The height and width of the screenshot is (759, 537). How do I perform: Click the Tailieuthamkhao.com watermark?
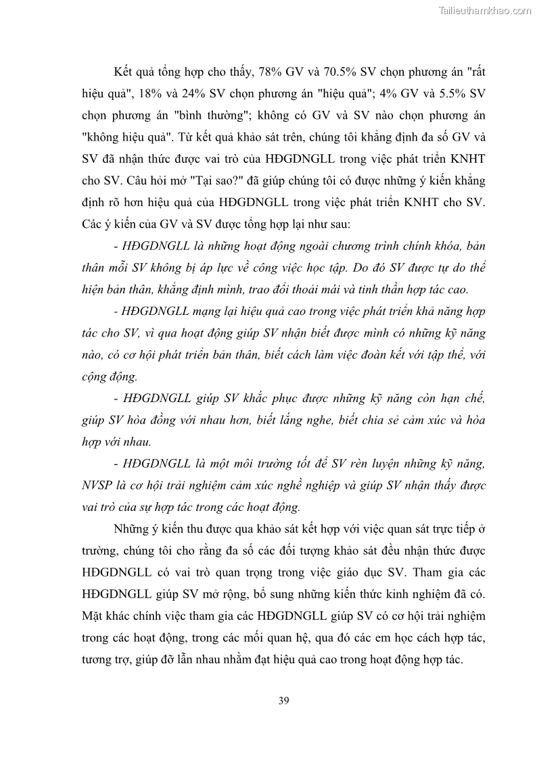point(486,10)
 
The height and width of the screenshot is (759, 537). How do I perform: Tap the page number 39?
point(283,700)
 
